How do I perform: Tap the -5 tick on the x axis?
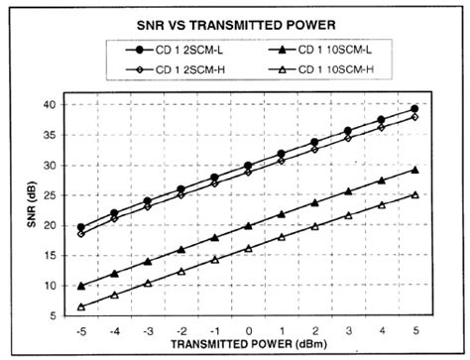pyautogui.click(x=81, y=330)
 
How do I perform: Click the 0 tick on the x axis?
pyautogui.click(x=248, y=330)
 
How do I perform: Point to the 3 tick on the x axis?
pyautogui.click(x=348, y=330)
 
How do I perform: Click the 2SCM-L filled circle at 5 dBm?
pyautogui.click(x=414, y=109)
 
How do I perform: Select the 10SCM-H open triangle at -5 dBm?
pyautogui.click(x=81, y=306)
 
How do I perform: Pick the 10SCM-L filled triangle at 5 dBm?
pyautogui.click(x=414, y=170)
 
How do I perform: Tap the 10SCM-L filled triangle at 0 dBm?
pyautogui.click(x=248, y=226)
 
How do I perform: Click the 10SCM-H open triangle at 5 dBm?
pyautogui.click(x=414, y=194)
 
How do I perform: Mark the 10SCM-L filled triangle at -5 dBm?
pyautogui.click(x=81, y=286)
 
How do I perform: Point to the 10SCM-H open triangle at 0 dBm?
pyautogui.click(x=248, y=248)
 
